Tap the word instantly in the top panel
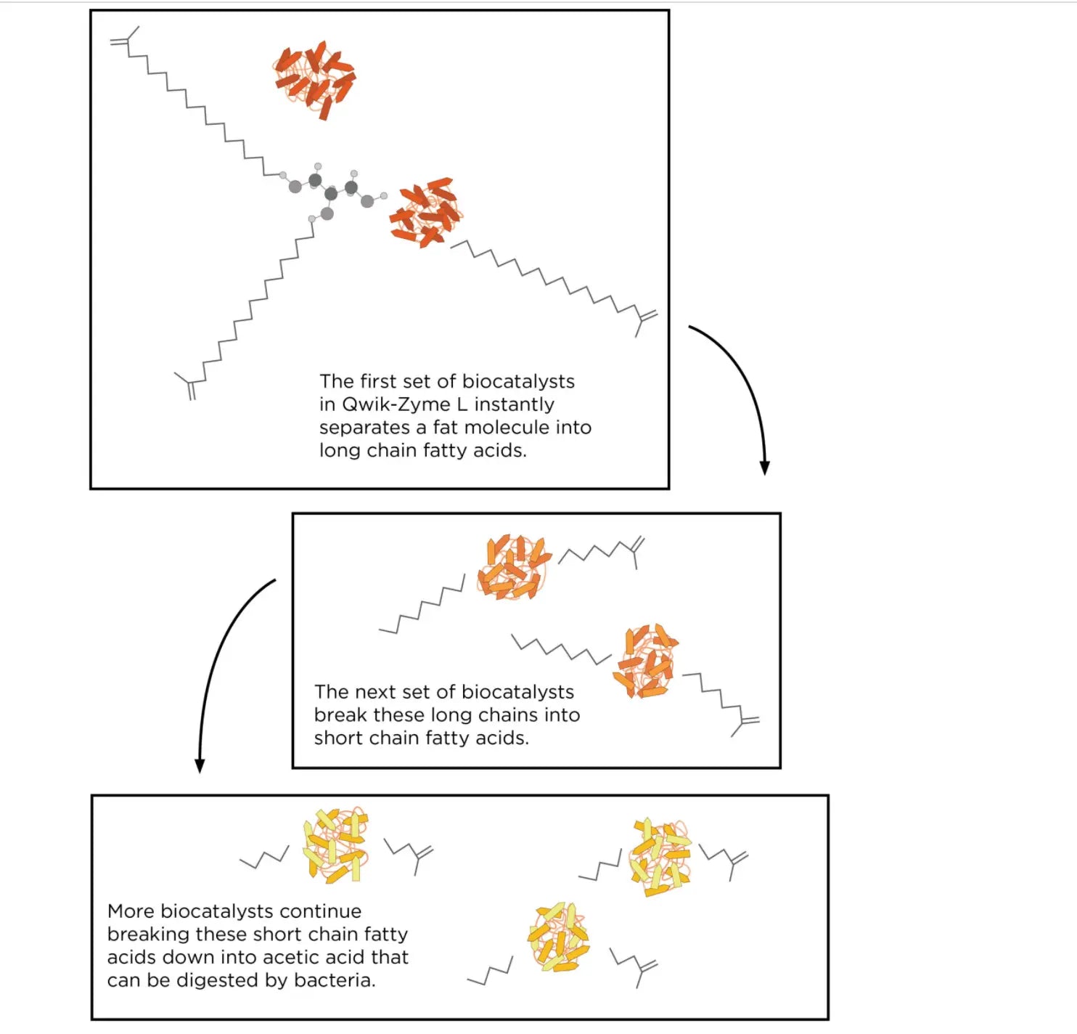tap(514, 404)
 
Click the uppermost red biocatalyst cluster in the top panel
tap(314, 78)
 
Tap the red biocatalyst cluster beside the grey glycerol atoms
tap(426, 213)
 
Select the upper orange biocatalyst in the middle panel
tap(514, 567)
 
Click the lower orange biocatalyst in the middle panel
tap(645, 660)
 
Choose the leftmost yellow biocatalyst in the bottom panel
tap(335, 844)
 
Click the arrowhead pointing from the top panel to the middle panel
tap(765, 468)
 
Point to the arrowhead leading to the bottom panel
tap(200, 765)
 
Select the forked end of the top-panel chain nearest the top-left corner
tap(125, 38)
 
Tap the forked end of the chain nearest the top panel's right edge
tap(644, 321)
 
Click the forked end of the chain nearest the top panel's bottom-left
tap(187, 385)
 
